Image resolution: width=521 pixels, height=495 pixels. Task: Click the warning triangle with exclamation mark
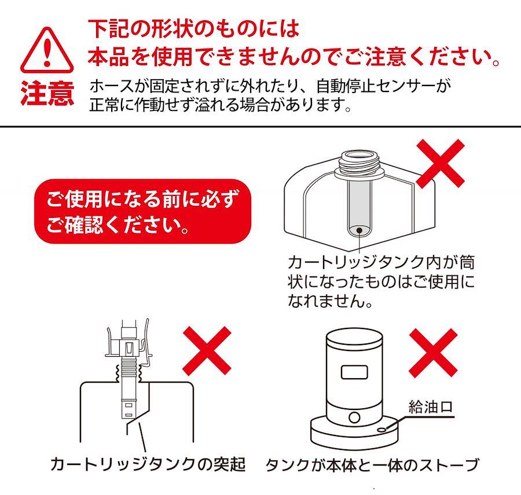(47, 50)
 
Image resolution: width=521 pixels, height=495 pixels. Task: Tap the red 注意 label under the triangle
(47, 94)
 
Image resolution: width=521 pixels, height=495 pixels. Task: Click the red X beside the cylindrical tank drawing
(441, 163)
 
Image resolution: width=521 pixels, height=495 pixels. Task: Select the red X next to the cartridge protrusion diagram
(207, 350)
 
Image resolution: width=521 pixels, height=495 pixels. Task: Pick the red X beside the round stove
(433, 353)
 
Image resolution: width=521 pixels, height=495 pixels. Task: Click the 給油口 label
(430, 407)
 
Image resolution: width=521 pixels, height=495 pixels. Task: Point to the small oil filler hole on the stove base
(383, 430)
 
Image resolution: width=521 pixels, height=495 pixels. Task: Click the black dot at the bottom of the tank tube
(359, 230)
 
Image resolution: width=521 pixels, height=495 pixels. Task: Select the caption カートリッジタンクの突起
(148, 464)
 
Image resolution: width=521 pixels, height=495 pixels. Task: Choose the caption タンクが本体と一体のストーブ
(372, 465)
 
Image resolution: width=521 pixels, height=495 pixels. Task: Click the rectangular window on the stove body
(354, 372)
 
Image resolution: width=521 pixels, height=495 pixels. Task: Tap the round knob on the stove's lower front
(354, 418)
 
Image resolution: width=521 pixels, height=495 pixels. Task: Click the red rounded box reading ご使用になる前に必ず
(143, 211)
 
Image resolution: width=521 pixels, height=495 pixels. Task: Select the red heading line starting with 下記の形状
(194, 29)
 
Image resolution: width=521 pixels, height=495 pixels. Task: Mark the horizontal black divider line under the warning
(260, 127)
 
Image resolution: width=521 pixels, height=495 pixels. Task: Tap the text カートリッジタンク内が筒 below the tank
(381, 263)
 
